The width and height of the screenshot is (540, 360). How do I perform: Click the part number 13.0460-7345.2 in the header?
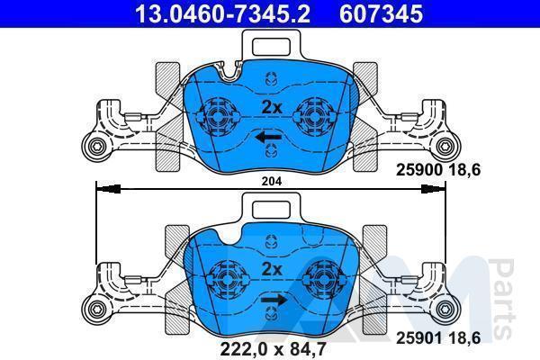(x=223, y=13)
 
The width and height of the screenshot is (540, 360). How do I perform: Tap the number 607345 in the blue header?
(x=381, y=13)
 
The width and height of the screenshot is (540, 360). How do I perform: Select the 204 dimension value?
(x=272, y=181)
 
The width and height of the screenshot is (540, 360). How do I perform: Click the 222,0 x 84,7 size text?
(x=273, y=349)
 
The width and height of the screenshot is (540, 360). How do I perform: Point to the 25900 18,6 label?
(x=438, y=170)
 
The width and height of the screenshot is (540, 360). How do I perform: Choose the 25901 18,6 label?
(x=438, y=338)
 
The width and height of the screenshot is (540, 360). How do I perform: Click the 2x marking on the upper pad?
(x=272, y=107)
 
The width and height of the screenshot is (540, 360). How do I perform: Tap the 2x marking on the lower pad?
(x=272, y=269)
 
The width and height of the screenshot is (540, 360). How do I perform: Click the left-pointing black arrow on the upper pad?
(x=268, y=138)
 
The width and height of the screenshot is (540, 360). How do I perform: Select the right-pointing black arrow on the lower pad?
(x=274, y=300)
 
